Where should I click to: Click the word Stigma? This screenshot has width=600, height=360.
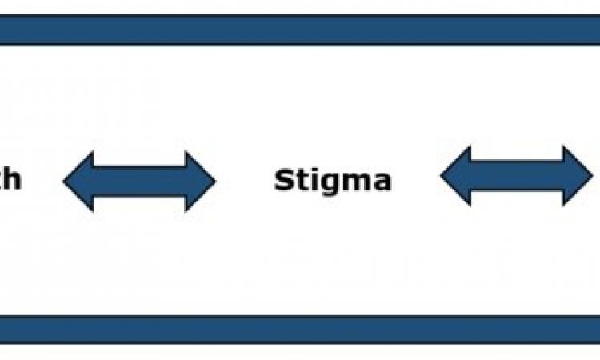pyautogui.click(x=333, y=181)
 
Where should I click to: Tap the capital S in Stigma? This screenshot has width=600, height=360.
pyautogui.click(x=283, y=181)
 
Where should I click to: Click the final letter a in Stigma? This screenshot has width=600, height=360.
pyautogui.click(x=381, y=183)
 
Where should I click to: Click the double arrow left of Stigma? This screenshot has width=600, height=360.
pyautogui.click(x=139, y=181)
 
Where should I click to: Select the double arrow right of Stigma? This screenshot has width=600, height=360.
pyautogui.click(x=517, y=176)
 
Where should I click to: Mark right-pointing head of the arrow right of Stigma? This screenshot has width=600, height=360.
pyautogui.click(x=578, y=176)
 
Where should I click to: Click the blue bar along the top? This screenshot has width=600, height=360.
pyautogui.click(x=300, y=30)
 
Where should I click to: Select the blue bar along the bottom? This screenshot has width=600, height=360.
pyautogui.click(x=300, y=328)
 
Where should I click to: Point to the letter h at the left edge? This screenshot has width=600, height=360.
pyautogui.click(x=11, y=179)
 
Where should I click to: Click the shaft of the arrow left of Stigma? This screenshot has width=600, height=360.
pyautogui.click(x=139, y=181)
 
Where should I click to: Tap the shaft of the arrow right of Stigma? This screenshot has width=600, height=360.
pyautogui.click(x=517, y=176)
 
